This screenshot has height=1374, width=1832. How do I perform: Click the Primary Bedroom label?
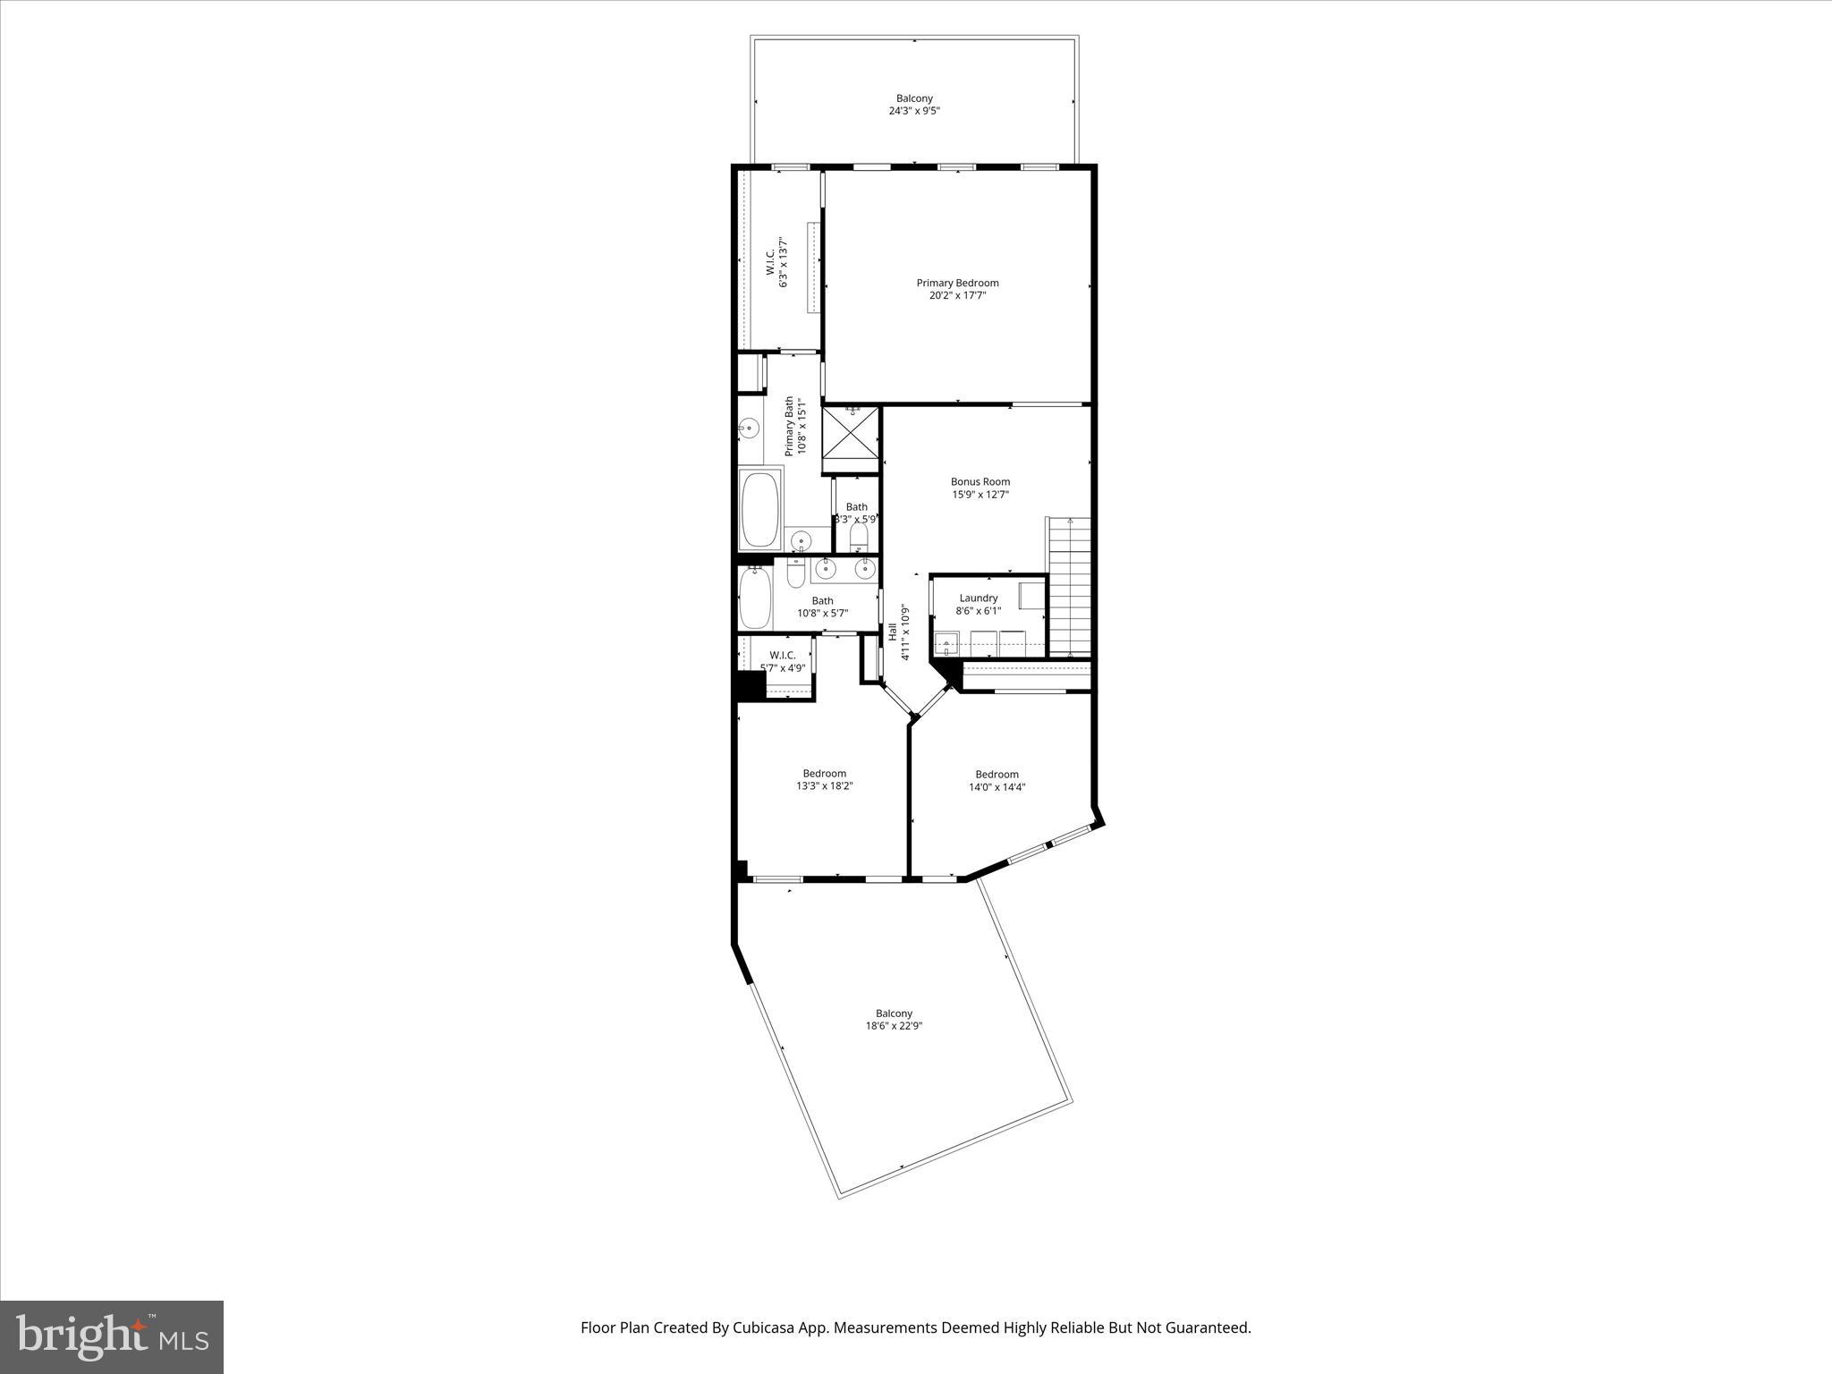coord(957,283)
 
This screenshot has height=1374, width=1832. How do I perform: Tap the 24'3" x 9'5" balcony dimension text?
coord(914,112)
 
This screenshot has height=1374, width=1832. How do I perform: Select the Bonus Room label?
coord(980,481)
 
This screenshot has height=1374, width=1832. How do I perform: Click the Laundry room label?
coord(979,598)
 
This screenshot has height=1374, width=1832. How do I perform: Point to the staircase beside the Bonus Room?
coord(1071,586)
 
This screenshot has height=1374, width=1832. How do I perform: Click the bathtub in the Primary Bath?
coord(759,510)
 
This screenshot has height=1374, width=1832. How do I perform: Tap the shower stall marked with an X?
coord(851,439)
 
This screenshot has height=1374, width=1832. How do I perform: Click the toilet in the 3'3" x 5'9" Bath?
coord(859,538)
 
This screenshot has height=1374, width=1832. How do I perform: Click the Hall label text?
coord(893,632)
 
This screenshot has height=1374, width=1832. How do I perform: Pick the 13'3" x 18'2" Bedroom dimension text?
coord(824,787)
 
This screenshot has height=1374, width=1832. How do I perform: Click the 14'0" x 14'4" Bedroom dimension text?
coord(997,788)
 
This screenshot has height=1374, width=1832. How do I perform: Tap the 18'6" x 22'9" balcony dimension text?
coord(894,1027)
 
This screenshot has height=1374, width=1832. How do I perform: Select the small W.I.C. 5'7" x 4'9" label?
coord(783,656)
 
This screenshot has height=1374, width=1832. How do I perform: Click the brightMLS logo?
coord(112,1336)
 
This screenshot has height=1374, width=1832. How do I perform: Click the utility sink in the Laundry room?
coord(946,642)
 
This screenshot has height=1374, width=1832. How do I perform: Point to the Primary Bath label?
coord(790,427)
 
